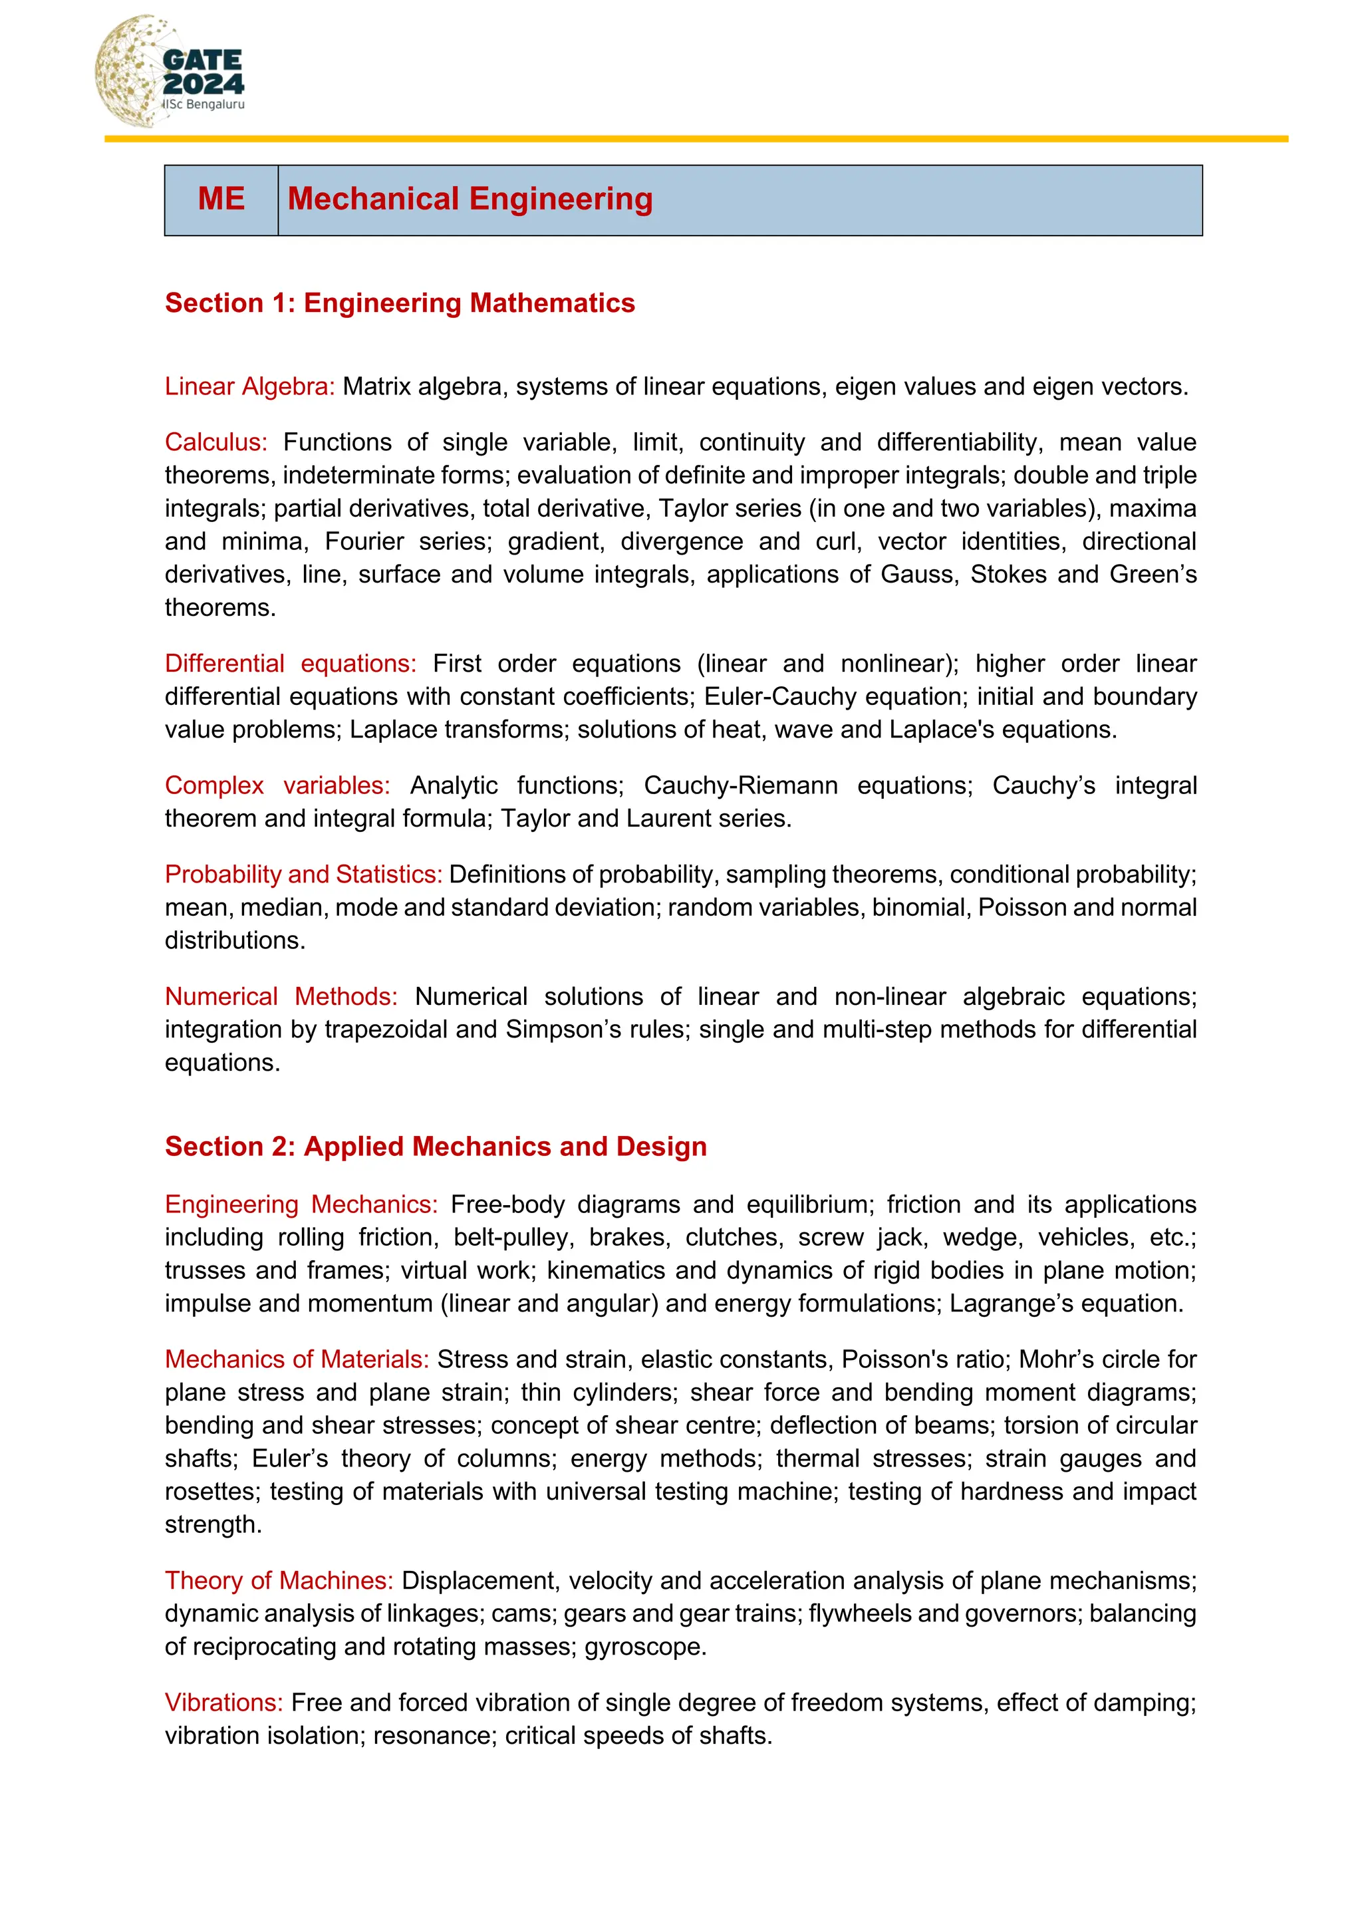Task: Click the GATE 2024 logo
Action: point(170,72)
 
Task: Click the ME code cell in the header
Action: point(221,200)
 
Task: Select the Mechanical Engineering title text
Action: point(470,200)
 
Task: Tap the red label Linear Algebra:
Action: point(249,386)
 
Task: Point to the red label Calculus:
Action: point(215,442)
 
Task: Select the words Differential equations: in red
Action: point(290,664)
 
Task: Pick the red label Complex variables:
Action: point(277,785)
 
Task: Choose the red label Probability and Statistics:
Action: point(303,874)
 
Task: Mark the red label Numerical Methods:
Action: point(281,996)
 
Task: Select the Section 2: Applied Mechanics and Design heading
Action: point(436,1146)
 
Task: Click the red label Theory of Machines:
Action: point(279,1580)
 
